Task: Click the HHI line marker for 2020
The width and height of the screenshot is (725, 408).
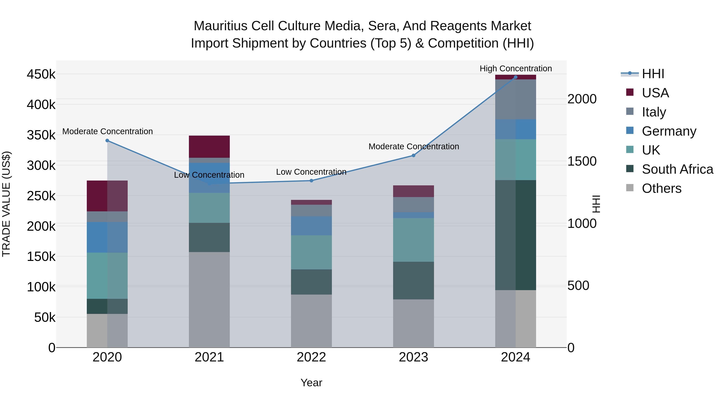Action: pyautogui.click(x=107, y=140)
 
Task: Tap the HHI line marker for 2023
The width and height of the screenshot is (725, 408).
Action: pyautogui.click(x=413, y=155)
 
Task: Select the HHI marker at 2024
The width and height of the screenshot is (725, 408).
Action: pyautogui.click(x=516, y=77)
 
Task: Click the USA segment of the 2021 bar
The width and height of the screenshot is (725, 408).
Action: pyautogui.click(x=209, y=147)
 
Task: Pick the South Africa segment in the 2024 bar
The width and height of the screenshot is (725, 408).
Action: pyautogui.click(x=516, y=235)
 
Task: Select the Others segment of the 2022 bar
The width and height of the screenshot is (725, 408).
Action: pyautogui.click(x=311, y=321)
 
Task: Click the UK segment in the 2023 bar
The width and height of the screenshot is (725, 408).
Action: pyautogui.click(x=413, y=240)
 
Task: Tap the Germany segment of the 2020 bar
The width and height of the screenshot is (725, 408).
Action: pyautogui.click(x=107, y=237)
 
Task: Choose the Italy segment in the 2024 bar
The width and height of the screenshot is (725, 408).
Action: pyautogui.click(x=516, y=99)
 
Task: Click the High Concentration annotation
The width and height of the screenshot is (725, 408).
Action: pyautogui.click(x=516, y=69)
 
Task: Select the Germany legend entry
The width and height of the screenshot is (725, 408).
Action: pyautogui.click(x=669, y=131)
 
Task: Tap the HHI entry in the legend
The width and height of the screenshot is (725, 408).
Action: pyautogui.click(x=653, y=74)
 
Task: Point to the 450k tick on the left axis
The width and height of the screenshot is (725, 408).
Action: pyautogui.click(x=41, y=75)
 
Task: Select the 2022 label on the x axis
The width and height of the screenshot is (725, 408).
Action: pyautogui.click(x=311, y=357)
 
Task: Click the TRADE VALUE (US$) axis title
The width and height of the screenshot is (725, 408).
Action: pyautogui.click(x=6, y=204)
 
